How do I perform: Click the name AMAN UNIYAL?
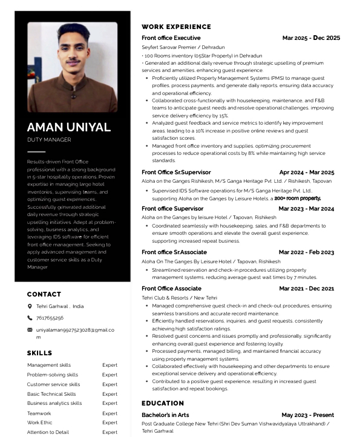tap(69, 127)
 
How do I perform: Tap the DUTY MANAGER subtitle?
tap(49, 140)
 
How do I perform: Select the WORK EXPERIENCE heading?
tap(176, 27)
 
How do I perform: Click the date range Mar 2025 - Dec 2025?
tap(311, 38)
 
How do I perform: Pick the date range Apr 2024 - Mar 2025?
tap(307, 172)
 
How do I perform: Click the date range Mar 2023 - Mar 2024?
tap(306, 209)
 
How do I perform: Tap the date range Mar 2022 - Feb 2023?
tap(306, 252)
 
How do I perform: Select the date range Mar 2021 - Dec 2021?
tap(306, 289)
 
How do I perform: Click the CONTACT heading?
tap(44, 294)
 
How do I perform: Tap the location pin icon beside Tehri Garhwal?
tap(30, 307)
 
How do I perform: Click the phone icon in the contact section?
tap(30, 318)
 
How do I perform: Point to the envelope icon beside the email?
tap(30, 330)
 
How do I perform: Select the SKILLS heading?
tap(39, 353)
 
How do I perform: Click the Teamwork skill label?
tap(39, 413)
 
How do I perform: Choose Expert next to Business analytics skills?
tap(110, 403)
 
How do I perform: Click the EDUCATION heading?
tap(163, 403)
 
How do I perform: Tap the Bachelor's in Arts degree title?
tap(165, 415)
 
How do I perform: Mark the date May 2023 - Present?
tap(307, 415)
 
